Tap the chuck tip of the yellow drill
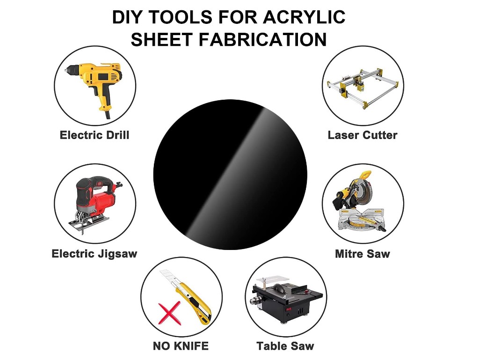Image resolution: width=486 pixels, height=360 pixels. coord(65,71)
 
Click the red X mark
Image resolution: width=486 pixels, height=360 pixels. coord(169,313)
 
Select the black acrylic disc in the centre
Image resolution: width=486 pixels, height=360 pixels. coord(230,174)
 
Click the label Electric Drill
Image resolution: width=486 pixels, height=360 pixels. coord(94,135)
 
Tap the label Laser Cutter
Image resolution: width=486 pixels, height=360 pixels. coord(363,135)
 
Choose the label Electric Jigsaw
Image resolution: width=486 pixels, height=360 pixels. coord(94,254)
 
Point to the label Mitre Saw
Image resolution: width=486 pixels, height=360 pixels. coord(363,254)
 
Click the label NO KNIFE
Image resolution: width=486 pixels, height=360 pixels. coord(181,346)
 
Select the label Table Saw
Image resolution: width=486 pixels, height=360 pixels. coord(285,346)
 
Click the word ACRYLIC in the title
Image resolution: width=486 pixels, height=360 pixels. coord(304,17)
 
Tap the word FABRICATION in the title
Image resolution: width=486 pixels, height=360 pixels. coord(262,40)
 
